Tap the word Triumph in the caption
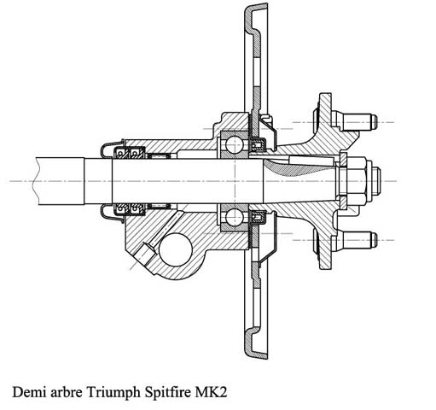[113, 394]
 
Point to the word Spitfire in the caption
[168, 394]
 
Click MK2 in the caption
[211, 392]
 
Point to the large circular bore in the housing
[176, 249]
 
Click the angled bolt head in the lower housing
[148, 253]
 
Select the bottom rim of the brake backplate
[256, 343]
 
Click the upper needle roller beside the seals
[160, 156]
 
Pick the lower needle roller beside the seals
[160, 206]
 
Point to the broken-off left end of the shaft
[35, 181]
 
